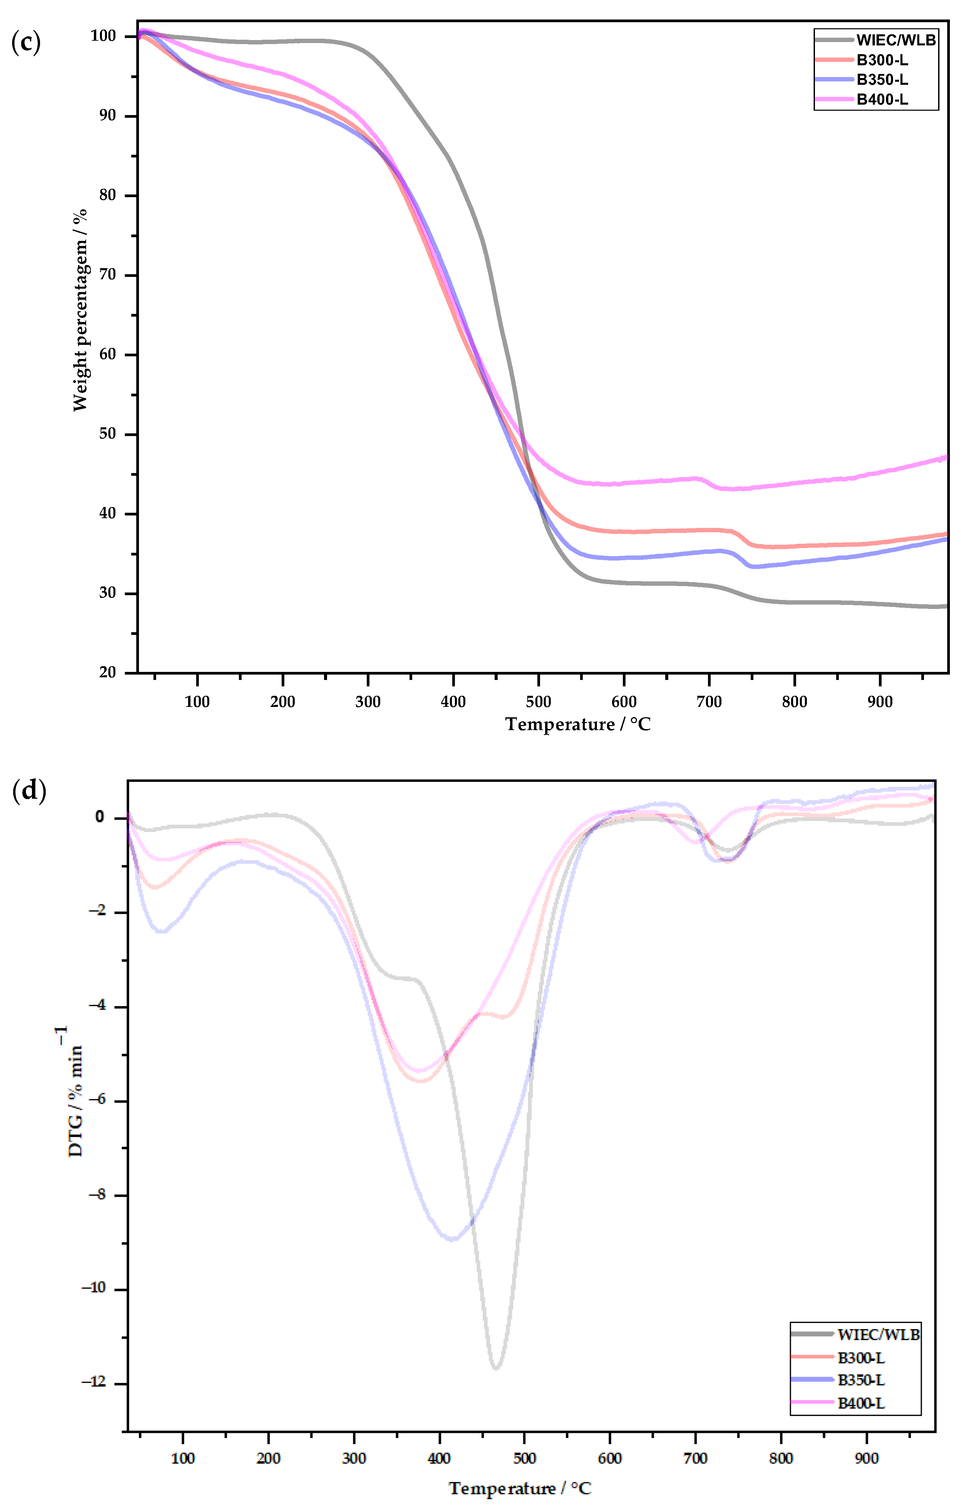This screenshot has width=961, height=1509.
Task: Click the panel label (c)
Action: point(26,43)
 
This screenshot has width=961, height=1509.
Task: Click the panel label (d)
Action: point(29,791)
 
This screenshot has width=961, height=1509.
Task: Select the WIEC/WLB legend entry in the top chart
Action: point(896,40)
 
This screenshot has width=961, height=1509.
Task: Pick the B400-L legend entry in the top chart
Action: point(882,99)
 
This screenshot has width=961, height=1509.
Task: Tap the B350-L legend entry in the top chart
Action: point(882,80)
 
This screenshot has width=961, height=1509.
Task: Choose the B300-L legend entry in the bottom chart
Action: point(861,1358)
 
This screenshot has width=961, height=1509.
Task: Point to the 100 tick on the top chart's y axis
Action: point(103,36)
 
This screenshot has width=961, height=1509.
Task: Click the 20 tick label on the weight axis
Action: point(107,673)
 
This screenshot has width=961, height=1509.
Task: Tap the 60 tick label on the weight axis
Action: point(107,354)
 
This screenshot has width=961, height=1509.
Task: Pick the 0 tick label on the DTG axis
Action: point(100,817)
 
